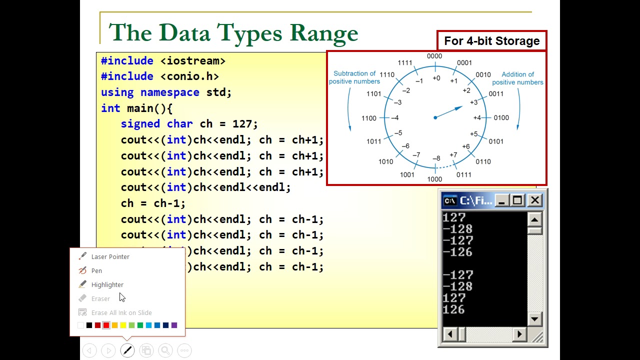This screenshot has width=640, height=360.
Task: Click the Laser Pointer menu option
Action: [x=110, y=256]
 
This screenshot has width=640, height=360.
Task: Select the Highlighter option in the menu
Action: [x=107, y=284]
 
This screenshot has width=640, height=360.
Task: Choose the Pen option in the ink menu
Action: [x=96, y=270]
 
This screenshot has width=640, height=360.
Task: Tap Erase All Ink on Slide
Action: [x=121, y=312]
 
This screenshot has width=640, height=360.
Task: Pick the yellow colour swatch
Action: [x=123, y=325]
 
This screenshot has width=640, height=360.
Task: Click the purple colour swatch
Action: [x=174, y=325]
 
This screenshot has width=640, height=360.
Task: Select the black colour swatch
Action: [x=89, y=325]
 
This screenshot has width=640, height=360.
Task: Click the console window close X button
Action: [x=534, y=201]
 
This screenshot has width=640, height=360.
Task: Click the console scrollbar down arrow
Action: [x=534, y=319]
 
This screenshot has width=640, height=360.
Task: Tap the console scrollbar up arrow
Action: [x=534, y=219]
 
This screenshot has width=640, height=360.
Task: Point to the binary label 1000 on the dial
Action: [x=434, y=179]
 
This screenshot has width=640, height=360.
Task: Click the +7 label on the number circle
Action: [x=453, y=155]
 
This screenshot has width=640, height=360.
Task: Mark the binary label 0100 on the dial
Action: [x=501, y=118]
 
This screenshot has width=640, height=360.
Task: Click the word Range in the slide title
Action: [x=323, y=33]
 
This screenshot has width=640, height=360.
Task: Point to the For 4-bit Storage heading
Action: [x=491, y=41]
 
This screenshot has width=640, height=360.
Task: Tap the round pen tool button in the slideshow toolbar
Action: [x=127, y=350]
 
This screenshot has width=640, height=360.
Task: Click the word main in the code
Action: [x=140, y=108]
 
